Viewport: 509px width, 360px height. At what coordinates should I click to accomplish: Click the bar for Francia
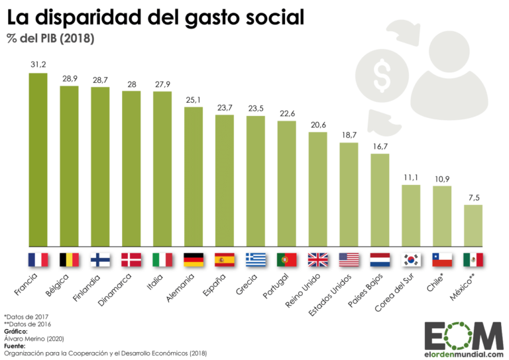point(38,159)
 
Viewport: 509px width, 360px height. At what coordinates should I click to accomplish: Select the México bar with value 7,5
point(473,225)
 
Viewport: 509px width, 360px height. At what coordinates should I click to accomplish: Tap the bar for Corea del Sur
point(411,215)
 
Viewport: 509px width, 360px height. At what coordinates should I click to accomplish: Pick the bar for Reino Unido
point(317,189)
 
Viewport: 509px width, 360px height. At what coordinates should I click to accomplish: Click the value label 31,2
point(38,64)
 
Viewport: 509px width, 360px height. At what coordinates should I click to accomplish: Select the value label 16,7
point(380,146)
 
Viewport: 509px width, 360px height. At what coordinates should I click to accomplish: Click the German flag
point(194,258)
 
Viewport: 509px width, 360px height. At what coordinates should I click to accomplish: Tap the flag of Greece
point(256,258)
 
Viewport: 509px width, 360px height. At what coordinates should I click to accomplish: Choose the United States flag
point(349,258)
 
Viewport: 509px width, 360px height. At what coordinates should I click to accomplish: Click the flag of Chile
point(442,258)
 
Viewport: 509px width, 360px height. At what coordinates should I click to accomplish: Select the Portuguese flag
point(287,258)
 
